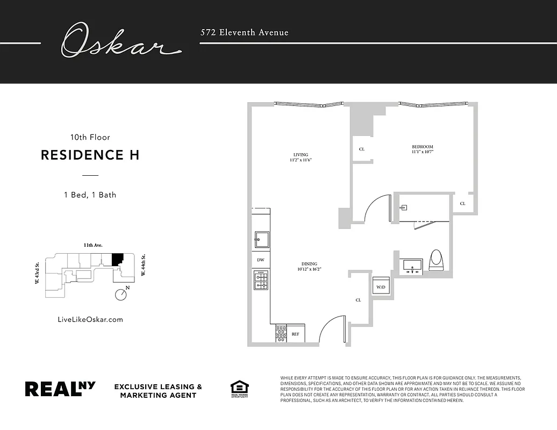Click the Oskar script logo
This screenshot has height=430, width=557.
tap(119, 41)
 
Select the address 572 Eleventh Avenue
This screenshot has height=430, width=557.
tap(244, 32)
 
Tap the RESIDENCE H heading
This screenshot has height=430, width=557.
tap(90, 155)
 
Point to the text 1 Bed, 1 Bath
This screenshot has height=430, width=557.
tap(90, 195)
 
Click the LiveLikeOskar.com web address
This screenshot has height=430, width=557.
tap(90, 319)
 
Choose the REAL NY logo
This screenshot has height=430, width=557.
tap(60, 389)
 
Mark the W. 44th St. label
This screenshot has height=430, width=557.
tap(144, 266)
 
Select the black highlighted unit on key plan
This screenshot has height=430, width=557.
tap(117, 259)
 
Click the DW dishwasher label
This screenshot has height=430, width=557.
tap(261, 260)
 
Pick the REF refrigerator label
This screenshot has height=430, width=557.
tap(295, 334)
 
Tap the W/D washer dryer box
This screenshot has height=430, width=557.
tap(381, 286)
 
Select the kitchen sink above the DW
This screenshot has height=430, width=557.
tap(261, 240)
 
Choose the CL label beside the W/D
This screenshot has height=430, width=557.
tap(358, 300)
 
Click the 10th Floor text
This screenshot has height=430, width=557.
tap(90, 138)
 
